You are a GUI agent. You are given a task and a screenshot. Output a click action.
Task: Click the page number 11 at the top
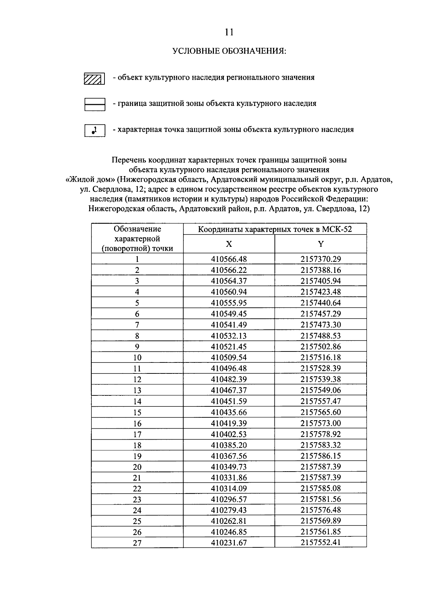229,32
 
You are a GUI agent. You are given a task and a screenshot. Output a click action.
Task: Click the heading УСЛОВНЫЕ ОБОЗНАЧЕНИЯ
229,51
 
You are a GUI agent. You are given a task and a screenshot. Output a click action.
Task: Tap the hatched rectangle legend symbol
94,79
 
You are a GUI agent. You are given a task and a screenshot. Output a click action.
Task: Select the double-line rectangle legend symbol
95,105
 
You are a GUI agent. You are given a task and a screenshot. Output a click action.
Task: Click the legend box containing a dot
95,130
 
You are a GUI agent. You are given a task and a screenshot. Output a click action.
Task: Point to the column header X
229,244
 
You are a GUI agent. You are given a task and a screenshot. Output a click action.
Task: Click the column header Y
321,244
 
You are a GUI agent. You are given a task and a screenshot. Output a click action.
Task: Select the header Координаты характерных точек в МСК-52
274,229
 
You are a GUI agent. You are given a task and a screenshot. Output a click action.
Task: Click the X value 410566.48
229,259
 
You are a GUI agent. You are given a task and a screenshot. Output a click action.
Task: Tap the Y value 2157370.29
321,259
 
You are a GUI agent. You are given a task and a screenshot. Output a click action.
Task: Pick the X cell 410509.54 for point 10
229,357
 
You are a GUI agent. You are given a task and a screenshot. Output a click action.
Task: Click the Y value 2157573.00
321,423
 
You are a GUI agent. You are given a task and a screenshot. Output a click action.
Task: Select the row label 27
137,543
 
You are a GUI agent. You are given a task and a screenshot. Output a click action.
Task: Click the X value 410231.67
229,543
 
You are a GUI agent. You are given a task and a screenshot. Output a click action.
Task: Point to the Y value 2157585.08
321,489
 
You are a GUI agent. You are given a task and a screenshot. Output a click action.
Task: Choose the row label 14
137,401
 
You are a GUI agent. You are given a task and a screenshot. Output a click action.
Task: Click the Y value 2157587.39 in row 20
321,467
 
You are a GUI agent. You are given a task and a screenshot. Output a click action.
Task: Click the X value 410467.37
229,390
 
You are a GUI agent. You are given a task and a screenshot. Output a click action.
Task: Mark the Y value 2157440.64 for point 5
321,303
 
